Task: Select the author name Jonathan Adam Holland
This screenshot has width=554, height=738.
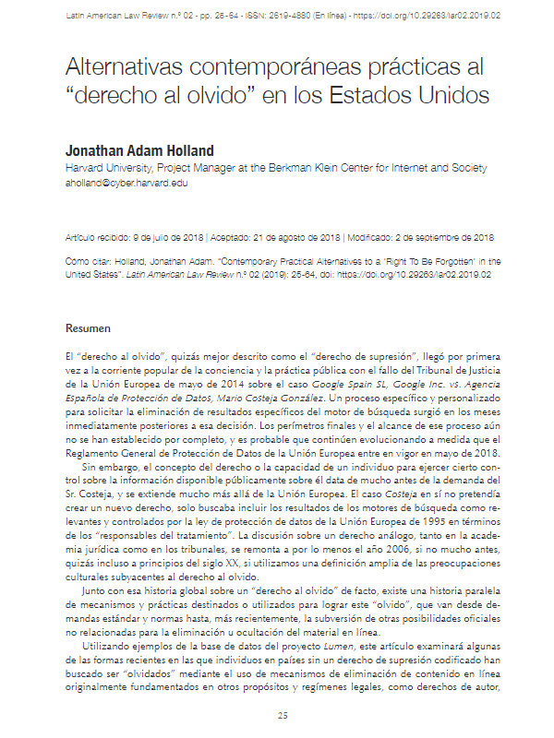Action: pos(152,150)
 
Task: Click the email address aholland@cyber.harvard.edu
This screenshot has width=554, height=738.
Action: pos(126,184)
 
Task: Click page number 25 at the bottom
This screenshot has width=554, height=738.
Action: pos(283,715)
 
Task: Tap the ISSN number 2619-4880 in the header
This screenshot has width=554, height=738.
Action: pos(242,17)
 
